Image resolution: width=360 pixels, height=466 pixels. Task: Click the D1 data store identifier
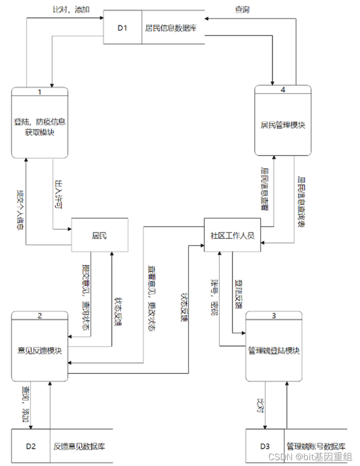[122, 28]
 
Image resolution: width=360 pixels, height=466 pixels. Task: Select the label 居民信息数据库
[170, 28]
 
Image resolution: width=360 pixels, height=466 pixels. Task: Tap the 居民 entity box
[99, 235]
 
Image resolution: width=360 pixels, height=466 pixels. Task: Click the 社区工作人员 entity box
[232, 235]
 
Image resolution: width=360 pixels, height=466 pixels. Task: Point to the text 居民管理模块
[283, 125]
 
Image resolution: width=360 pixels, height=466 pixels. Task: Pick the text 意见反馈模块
[40, 351]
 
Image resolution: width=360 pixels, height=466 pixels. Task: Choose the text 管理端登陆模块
[274, 350]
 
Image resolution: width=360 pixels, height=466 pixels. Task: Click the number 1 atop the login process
[40, 91]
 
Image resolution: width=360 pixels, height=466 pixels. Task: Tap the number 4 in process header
[283, 90]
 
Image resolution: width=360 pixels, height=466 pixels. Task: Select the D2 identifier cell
[31, 446]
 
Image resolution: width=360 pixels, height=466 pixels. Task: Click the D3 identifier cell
[264, 446]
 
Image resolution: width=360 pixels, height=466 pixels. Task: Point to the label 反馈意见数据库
[79, 446]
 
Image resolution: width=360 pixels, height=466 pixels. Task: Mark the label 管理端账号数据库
[315, 445]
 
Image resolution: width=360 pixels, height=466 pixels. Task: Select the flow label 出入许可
[60, 193]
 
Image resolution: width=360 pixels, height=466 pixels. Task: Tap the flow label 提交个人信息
[19, 209]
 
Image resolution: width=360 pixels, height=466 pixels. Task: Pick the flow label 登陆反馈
[238, 293]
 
